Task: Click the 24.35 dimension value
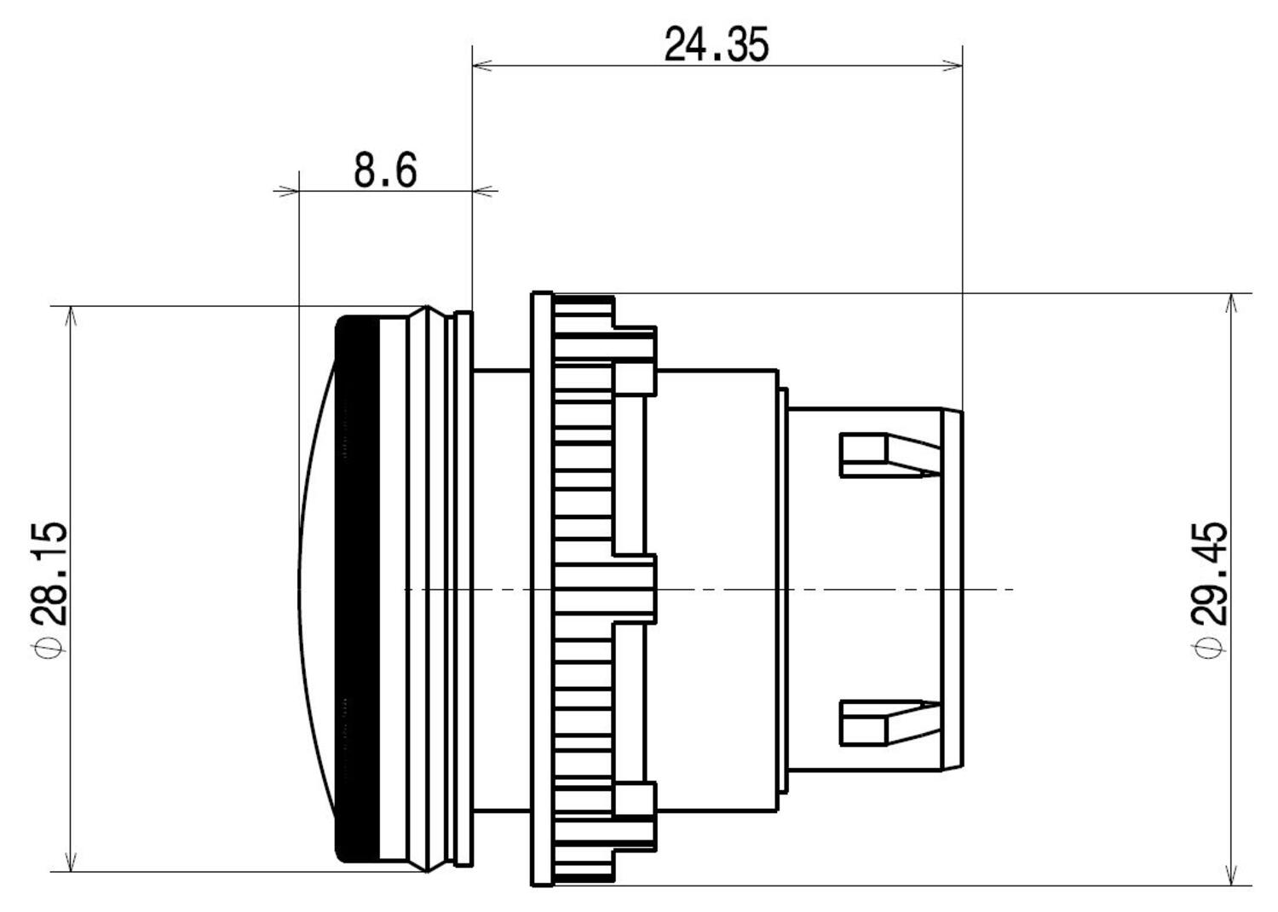[x=716, y=44]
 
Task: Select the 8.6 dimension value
[x=385, y=170]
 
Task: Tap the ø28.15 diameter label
[x=48, y=588]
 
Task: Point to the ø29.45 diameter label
[x=1210, y=588]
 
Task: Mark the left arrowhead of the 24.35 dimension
[x=482, y=65]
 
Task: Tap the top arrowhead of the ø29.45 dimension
[x=1231, y=303]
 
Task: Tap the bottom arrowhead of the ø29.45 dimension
[x=1231, y=876]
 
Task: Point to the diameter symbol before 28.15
[x=48, y=649]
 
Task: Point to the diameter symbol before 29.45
[x=1210, y=649]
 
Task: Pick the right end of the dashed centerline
[x=1012, y=589]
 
